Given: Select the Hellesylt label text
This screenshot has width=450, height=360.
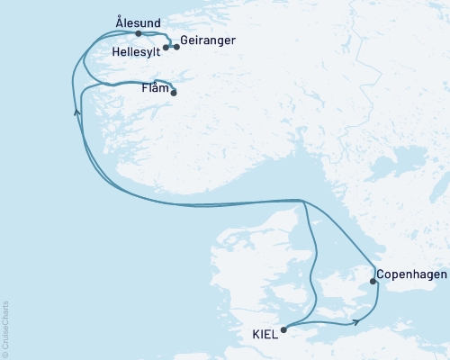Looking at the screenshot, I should (137, 52).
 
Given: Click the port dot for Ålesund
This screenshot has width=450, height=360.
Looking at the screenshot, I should (138, 33).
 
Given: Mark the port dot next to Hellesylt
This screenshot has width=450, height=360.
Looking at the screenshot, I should (166, 47).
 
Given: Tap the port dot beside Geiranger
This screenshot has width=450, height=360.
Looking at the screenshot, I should (176, 47).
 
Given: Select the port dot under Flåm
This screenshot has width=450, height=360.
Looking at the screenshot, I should (174, 92).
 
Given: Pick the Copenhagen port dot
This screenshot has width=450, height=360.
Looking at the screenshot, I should (373, 283).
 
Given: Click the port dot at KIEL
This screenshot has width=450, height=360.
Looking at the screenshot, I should (284, 329).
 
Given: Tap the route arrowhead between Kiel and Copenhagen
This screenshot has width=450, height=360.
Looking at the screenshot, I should (357, 319).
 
